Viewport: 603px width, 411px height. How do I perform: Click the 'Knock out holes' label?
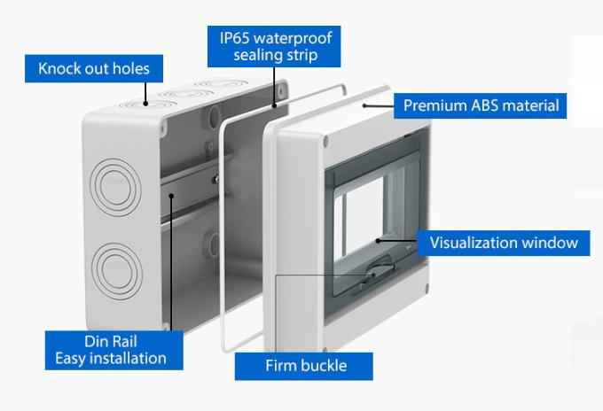pos(93,67)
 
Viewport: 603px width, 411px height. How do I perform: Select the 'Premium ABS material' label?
pos(481,105)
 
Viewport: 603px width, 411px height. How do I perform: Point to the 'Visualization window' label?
pos(504,241)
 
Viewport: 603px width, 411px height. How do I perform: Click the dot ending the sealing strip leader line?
pos(275,105)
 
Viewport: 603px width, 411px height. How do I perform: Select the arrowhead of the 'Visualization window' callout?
pos(378,240)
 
